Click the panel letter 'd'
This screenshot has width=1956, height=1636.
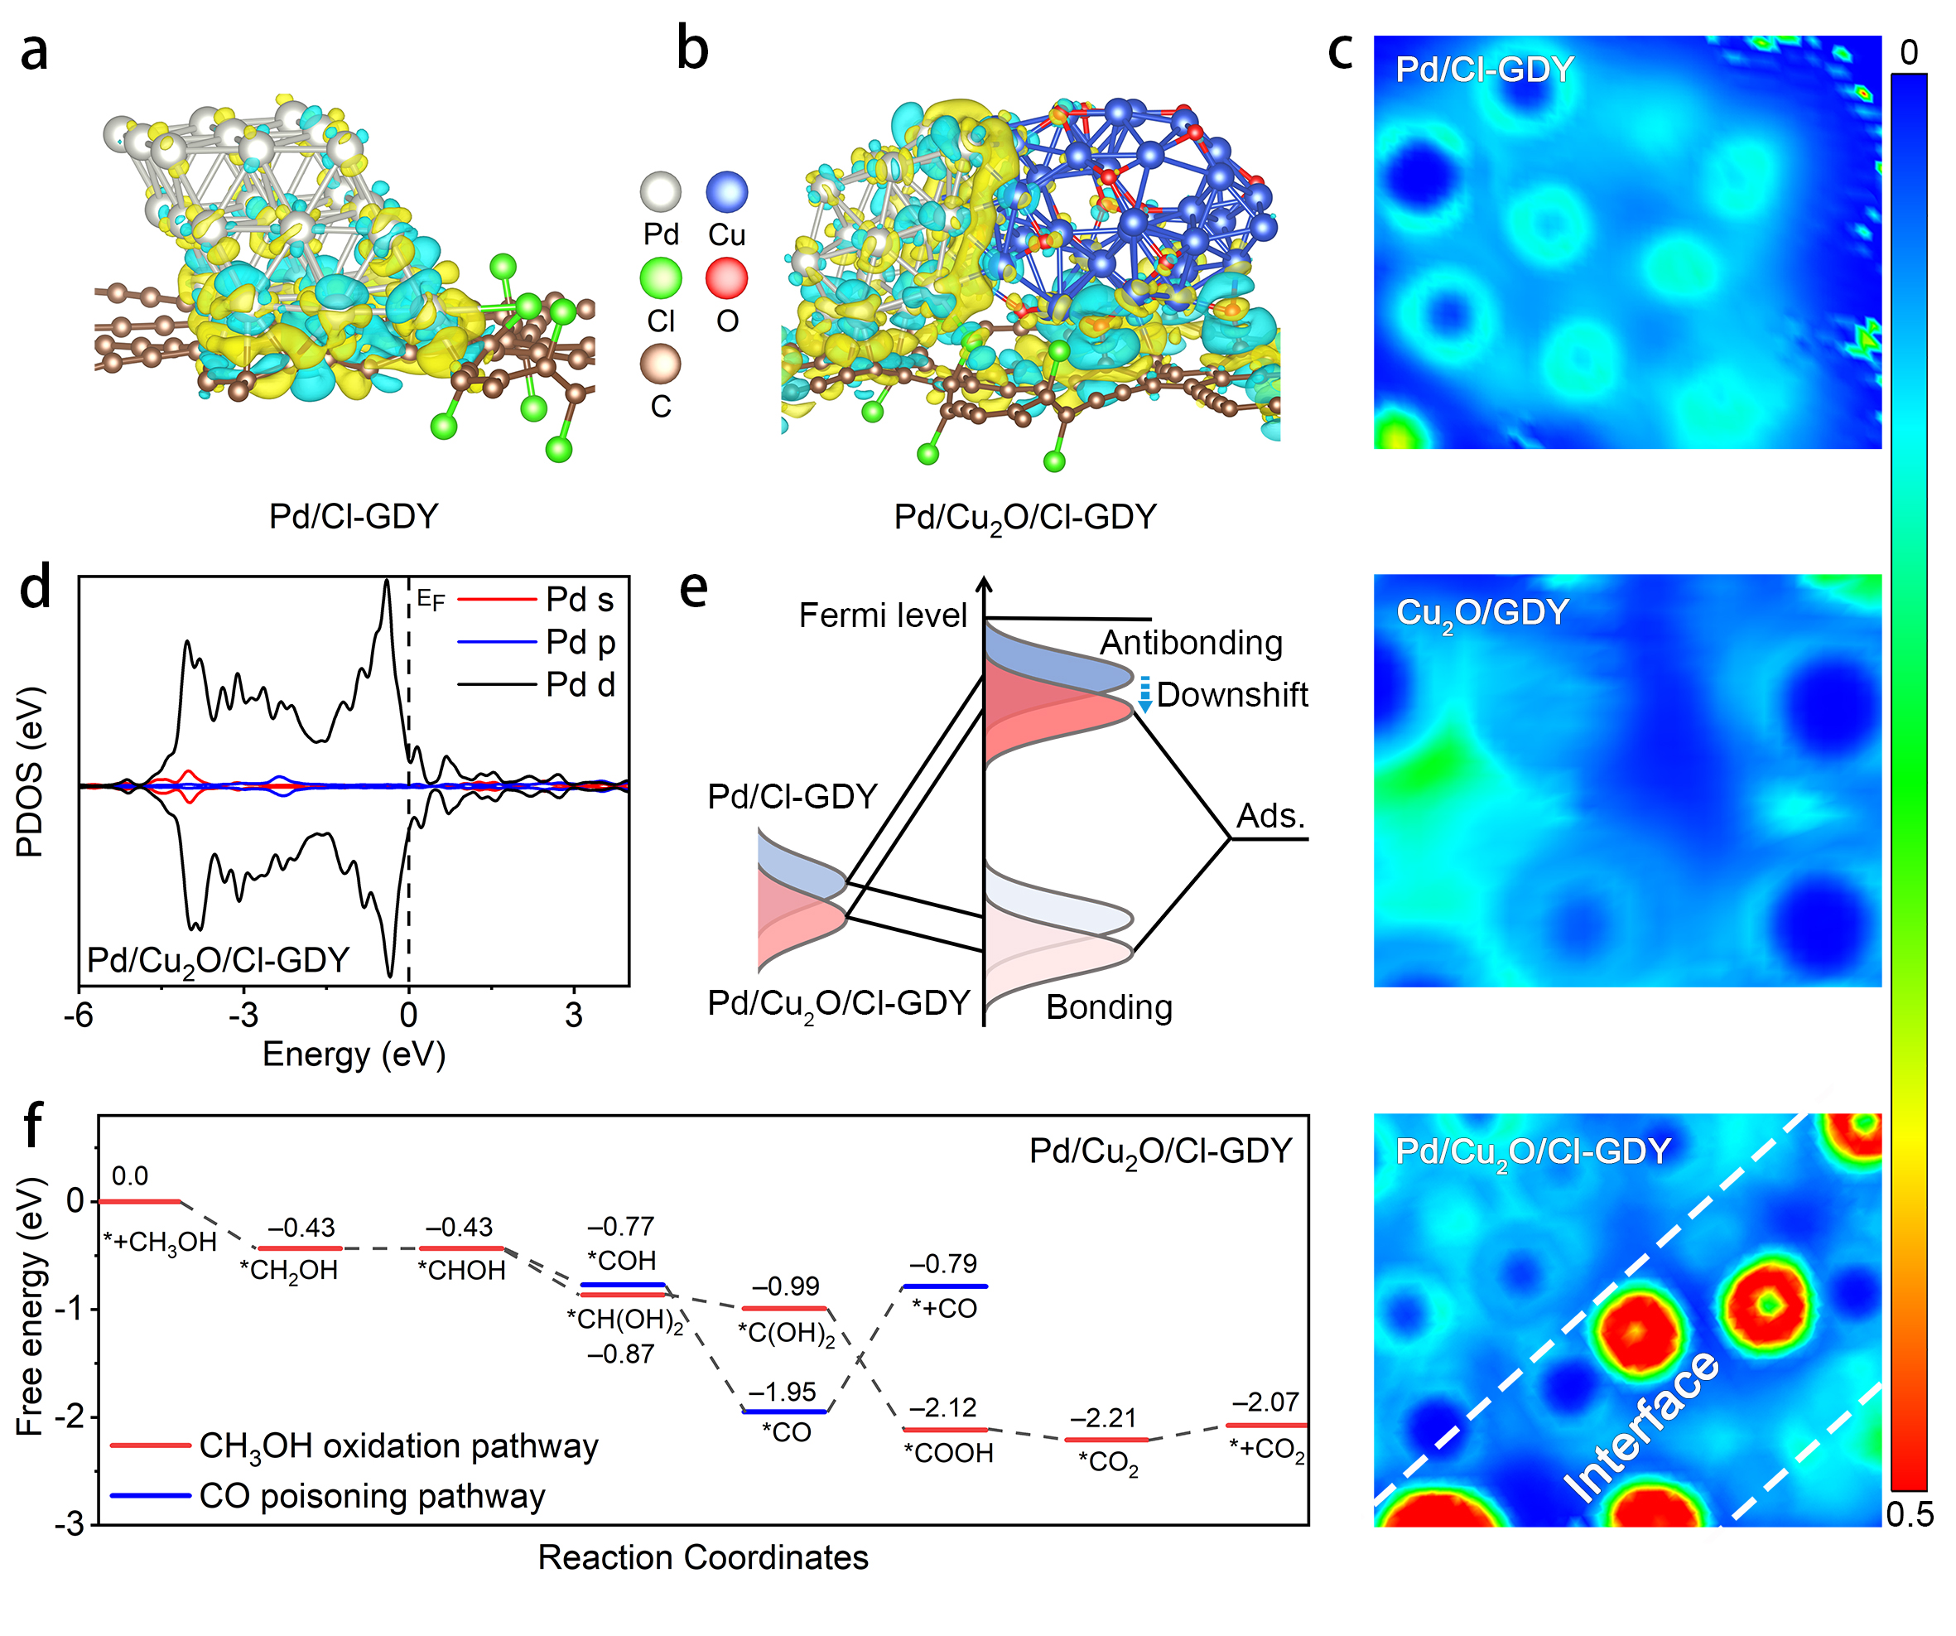36,589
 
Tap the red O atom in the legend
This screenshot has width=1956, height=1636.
726,278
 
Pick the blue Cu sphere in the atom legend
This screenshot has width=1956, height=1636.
726,192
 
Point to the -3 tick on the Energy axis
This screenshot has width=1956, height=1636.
243,1015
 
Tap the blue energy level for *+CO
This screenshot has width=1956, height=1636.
945,1286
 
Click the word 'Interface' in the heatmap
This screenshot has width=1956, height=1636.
1642,1426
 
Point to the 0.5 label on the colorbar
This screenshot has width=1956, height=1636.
1909,1516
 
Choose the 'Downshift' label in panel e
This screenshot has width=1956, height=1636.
1231,695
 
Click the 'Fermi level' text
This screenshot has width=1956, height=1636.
882,615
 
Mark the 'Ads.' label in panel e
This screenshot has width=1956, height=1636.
1269,816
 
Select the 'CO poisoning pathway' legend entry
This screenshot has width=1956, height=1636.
372,1496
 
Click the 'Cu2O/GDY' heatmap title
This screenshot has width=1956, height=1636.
1481,613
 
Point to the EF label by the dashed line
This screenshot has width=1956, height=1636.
430,599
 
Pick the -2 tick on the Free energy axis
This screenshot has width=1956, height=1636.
75,1417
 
